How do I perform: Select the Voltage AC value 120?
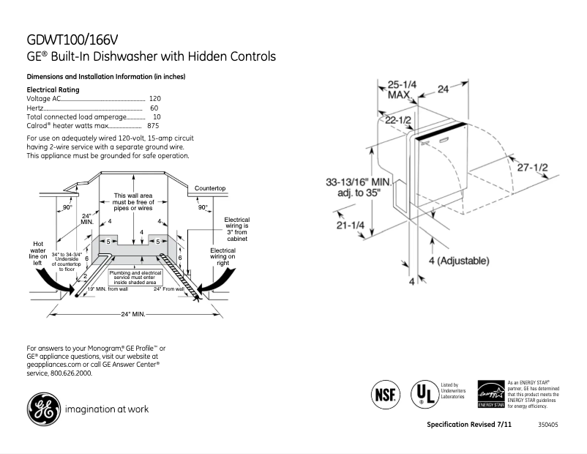tap(154, 98)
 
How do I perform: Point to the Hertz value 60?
tap(154, 108)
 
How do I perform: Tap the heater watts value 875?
tap(153, 126)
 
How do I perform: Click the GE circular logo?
tap(43, 409)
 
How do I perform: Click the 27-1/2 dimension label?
tap(531, 167)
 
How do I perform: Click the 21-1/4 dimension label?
tap(351, 226)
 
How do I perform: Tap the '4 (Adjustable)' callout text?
tap(459, 261)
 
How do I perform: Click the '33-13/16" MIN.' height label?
tap(359, 182)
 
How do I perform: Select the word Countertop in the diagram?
tap(209, 188)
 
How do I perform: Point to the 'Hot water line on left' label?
tap(39, 253)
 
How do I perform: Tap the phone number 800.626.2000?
tap(70, 373)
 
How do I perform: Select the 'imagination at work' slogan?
tap(106, 409)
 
